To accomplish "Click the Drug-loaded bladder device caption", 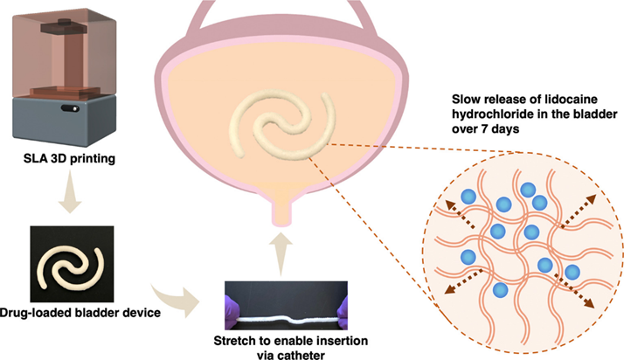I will tap(80, 311).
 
